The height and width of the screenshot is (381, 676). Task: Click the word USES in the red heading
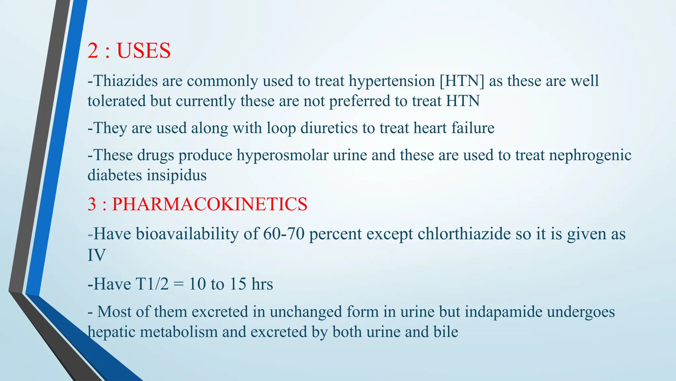point(144,51)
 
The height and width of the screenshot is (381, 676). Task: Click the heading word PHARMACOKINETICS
point(210,204)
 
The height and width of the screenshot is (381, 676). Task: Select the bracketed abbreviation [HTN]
point(462,81)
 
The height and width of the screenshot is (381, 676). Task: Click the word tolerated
point(117,101)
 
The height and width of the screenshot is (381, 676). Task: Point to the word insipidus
point(177,175)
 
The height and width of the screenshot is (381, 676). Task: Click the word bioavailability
point(187,234)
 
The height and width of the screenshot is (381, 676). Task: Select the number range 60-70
point(284,234)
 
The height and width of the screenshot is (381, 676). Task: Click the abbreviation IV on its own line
point(96,255)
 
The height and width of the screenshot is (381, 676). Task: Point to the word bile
point(446,332)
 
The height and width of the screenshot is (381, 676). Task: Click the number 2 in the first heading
point(93,51)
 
